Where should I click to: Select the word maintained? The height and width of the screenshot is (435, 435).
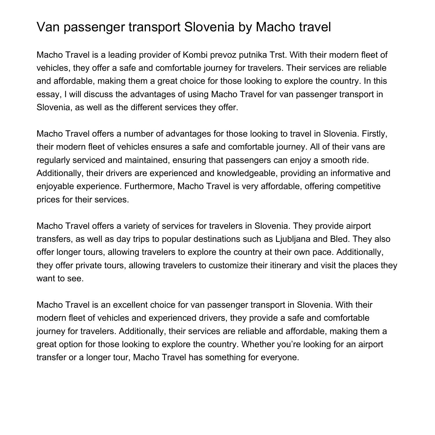pyautogui.click(x=147, y=160)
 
